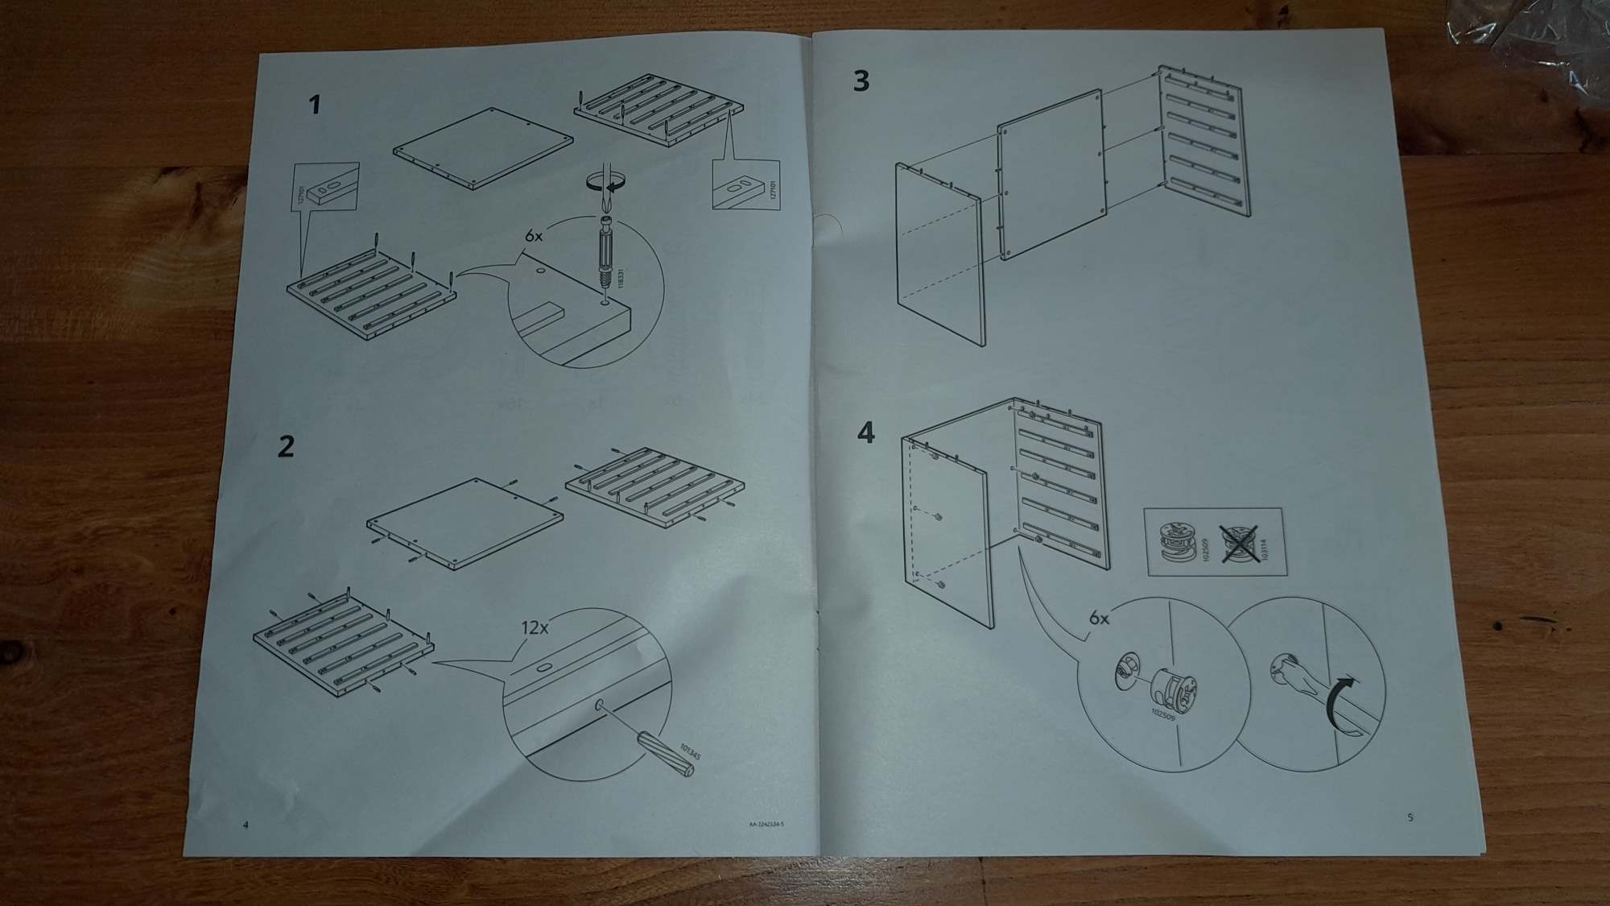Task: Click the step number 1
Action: tap(315, 105)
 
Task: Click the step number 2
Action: tap(286, 446)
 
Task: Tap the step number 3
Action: tap(861, 81)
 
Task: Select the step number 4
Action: tap(865, 433)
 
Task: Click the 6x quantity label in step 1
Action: tap(534, 236)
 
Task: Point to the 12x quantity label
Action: tap(535, 627)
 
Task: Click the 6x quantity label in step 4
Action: tap(1099, 618)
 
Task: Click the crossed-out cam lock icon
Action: tap(1241, 543)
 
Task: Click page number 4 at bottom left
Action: tap(246, 824)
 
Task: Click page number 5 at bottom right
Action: tap(1410, 817)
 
